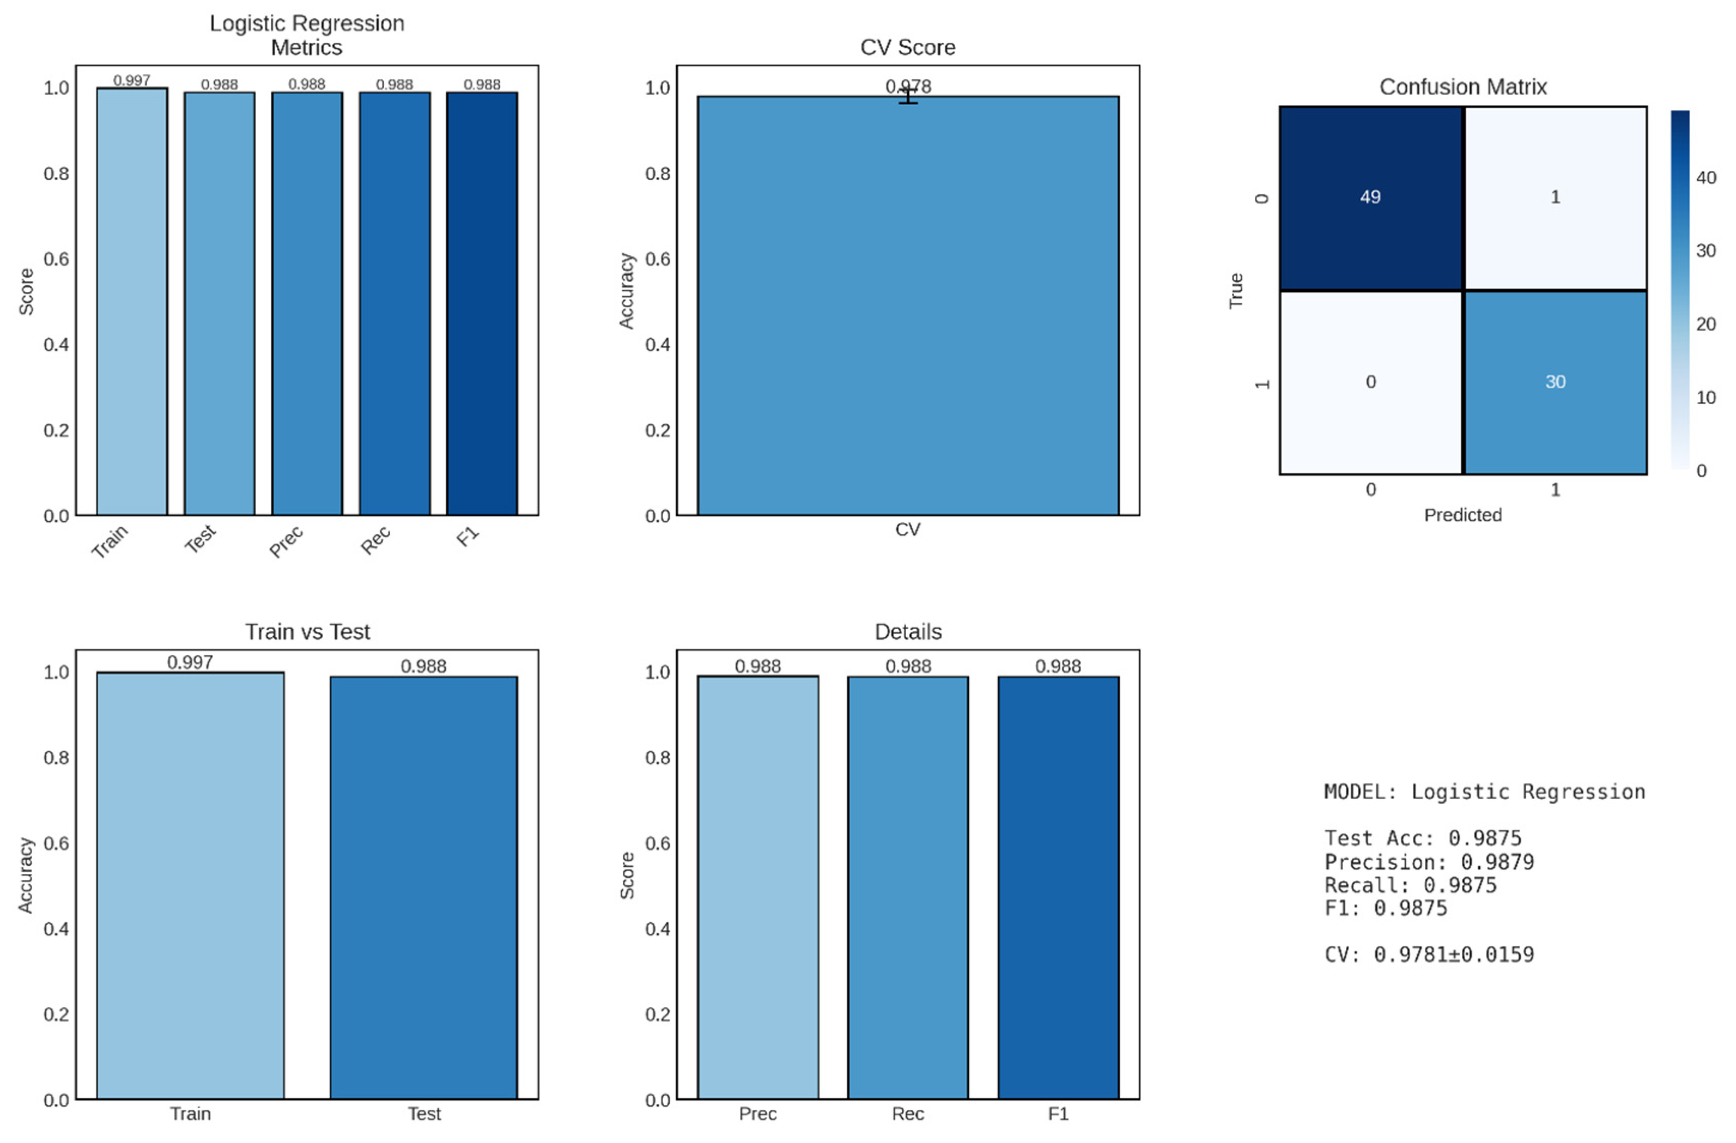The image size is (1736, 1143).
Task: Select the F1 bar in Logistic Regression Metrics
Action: (x=482, y=303)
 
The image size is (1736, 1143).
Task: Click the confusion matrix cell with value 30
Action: (x=1555, y=382)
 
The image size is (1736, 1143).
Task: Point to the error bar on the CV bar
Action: (x=908, y=96)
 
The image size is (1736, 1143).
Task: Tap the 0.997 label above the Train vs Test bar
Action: (x=190, y=662)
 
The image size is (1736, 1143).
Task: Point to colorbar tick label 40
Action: (x=1706, y=177)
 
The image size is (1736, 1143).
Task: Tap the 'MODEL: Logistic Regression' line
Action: (x=1484, y=792)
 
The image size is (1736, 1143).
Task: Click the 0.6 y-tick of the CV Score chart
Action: (x=657, y=259)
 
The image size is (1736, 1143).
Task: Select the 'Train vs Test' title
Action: (x=307, y=632)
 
